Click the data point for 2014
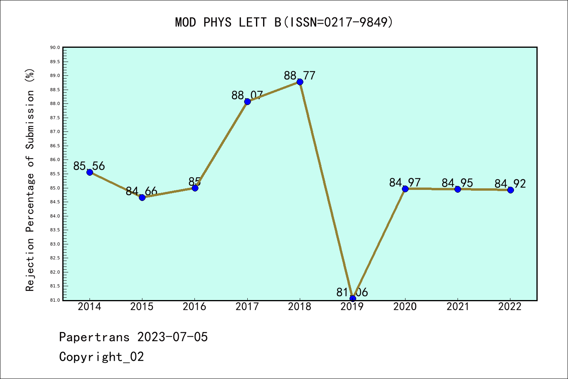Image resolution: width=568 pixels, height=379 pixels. [90, 172]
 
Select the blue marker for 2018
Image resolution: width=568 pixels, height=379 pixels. [300, 82]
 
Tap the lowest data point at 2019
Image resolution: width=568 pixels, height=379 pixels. [353, 298]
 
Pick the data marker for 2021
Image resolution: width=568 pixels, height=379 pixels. [458, 189]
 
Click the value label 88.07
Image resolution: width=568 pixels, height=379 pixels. [247, 95]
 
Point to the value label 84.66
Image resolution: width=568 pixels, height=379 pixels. [142, 192]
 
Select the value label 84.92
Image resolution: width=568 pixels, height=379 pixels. [510, 184]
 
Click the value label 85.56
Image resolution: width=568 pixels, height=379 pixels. [89, 166]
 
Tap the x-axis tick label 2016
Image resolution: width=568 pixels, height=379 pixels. [194, 307]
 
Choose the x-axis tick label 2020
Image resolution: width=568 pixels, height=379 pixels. [405, 307]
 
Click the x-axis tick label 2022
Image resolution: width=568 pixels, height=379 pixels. [510, 307]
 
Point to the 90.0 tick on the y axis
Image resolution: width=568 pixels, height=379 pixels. [55, 47]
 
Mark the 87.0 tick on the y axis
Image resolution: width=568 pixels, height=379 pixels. [55, 131]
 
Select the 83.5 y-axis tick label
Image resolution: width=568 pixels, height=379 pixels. [55, 230]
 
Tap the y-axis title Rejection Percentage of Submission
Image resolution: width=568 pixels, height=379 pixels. [30, 180]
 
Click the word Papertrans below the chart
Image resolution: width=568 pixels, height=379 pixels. [94, 337]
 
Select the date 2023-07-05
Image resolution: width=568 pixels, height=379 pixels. [172, 337]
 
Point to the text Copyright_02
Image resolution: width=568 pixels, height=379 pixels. [101, 356]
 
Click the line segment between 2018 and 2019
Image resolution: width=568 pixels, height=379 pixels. [326, 190]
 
